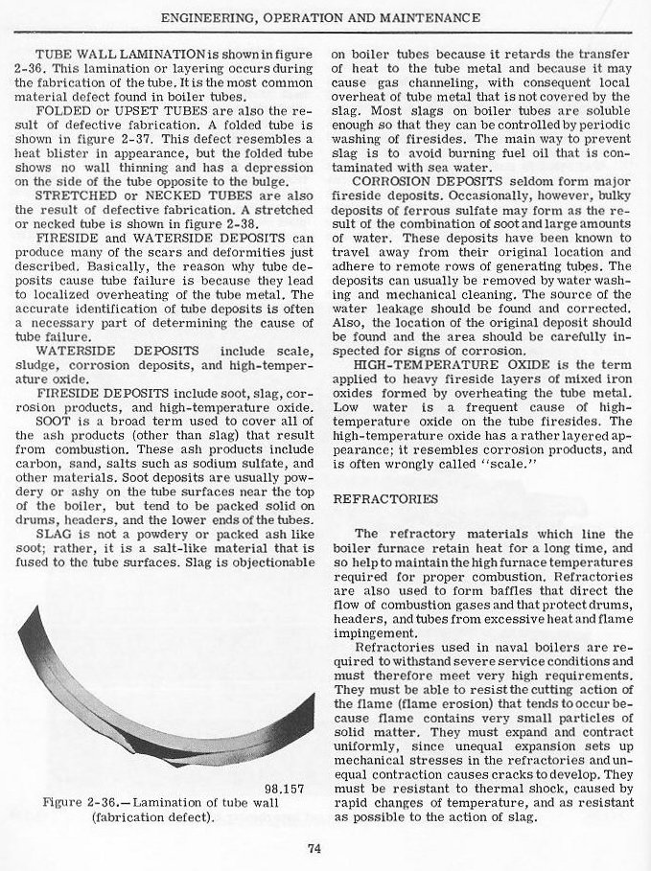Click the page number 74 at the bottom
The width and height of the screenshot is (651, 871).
click(314, 846)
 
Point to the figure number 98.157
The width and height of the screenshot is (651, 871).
click(284, 791)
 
